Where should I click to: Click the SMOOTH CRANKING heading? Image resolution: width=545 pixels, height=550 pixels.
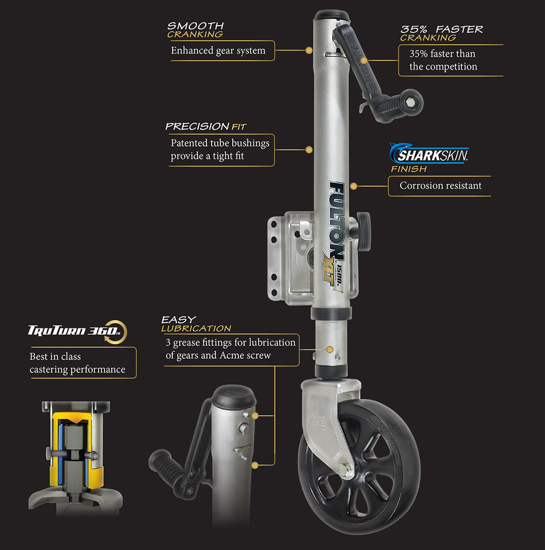(195, 30)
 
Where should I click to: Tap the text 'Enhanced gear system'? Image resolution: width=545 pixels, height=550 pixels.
(218, 51)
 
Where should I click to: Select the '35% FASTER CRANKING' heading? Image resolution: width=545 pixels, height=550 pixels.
(441, 33)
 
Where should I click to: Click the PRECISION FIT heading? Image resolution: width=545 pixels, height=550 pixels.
(206, 126)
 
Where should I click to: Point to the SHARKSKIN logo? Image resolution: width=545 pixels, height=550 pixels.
(429, 154)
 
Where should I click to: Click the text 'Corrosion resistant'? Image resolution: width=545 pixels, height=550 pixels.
(440, 186)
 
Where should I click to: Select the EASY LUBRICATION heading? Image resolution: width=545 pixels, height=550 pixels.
(196, 324)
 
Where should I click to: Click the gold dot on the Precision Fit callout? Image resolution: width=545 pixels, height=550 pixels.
(309, 150)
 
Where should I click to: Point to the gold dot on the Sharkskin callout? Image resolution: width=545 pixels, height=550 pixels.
(354, 186)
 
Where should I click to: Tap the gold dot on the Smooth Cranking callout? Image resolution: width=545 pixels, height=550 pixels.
(309, 51)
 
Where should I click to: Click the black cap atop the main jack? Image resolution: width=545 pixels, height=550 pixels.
(332, 16)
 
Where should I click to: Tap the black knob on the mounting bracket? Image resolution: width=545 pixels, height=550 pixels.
(364, 231)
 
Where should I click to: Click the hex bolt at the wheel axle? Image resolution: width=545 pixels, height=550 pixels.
(346, 470)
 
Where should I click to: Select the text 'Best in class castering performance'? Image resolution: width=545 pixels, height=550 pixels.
(77, 363)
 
